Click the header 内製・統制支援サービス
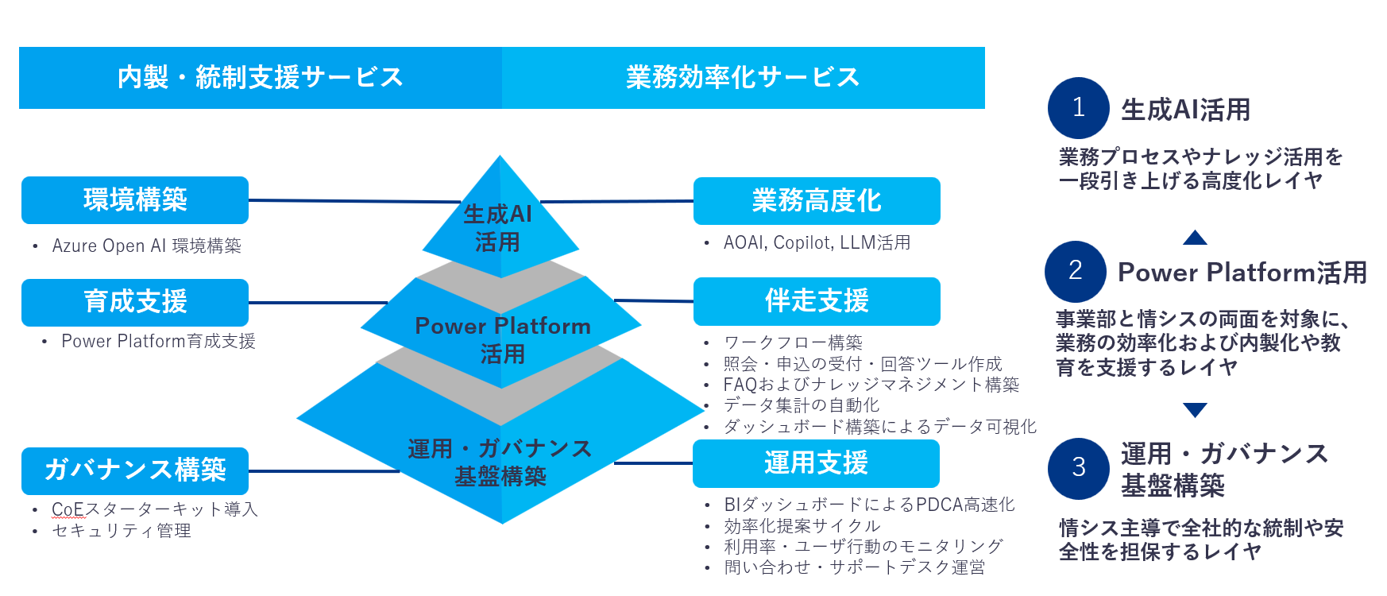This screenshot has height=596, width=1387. point(261,78)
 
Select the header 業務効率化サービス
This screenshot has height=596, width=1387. point(743,78)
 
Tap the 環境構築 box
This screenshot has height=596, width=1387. point(135,200)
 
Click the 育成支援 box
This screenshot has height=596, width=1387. point(135,302)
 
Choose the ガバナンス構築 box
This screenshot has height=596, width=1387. point(135,470)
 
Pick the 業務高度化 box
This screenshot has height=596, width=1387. point(817,201)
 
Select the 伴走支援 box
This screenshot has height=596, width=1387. point(817,301)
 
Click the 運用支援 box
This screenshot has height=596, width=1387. point(816,463)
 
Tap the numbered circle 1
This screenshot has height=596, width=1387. point(1078,108)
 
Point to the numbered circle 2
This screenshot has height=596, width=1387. point(1076,271)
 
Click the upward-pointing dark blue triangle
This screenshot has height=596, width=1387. point(1195,238)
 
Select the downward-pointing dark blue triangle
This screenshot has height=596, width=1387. point(1195,410)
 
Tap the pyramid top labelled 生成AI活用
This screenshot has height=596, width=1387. point(499,227)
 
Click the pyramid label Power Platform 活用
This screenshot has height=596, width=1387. point(502,339)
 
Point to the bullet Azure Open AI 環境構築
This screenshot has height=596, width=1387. point(146,246)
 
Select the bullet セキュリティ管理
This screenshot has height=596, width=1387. point(122,531)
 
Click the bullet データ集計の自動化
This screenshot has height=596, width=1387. point(801,405)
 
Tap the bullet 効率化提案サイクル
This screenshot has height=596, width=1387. point(802,526)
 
